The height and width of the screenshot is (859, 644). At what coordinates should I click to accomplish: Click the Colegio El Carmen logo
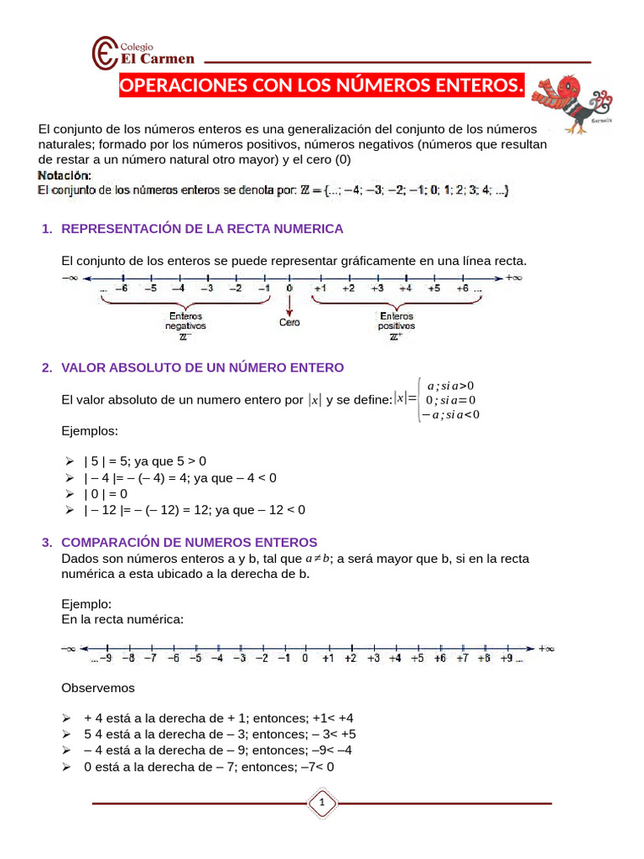pyautogui.click(x=143, y=53)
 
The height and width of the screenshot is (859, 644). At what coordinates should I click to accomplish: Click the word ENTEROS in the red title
pyautogui.click(x=461, y=86)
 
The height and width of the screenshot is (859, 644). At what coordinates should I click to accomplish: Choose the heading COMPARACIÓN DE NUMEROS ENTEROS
pyautogui.click(x=190, y=542)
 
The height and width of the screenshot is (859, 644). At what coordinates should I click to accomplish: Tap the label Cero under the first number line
pyautogui.click(x=290, y=321)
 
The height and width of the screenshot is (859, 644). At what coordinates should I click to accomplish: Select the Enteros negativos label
pyautogui.click(x=184, y=321)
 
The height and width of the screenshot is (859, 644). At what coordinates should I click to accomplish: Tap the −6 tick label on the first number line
pyautogui.click(x=122, y=289)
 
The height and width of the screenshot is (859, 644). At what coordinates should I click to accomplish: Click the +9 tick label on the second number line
pyautogui.click(x=507, y=659)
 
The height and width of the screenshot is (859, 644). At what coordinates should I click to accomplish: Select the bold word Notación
pyautogui.click(x=65, y=175)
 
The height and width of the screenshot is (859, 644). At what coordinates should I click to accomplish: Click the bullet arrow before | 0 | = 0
pyautogui.click(x=69, y=493)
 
